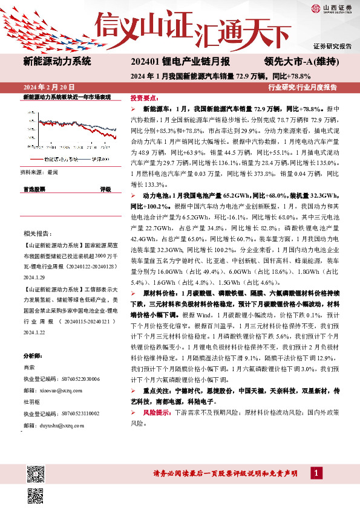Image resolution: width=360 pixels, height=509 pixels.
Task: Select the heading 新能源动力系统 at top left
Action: tap(57, 61)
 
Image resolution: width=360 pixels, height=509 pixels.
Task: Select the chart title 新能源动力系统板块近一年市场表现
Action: tap(67, 97)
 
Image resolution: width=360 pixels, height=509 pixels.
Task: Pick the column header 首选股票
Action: tap(34, 189)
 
